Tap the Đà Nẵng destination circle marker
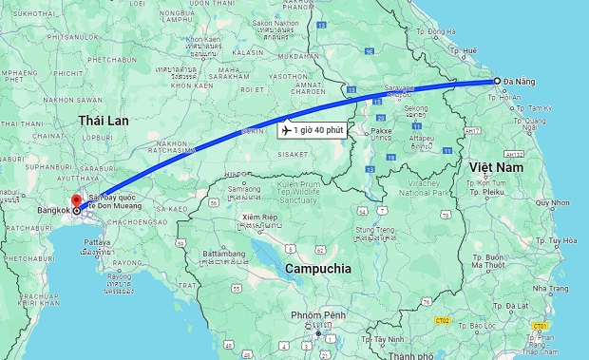tap(496, 82)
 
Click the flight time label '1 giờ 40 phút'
tap(319, 129)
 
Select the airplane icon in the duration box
tap(287, 129)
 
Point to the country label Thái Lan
tap(104, 121)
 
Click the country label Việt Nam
tap(496, 167)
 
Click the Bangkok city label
tap(53, 211)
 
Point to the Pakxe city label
tap(381, 131)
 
